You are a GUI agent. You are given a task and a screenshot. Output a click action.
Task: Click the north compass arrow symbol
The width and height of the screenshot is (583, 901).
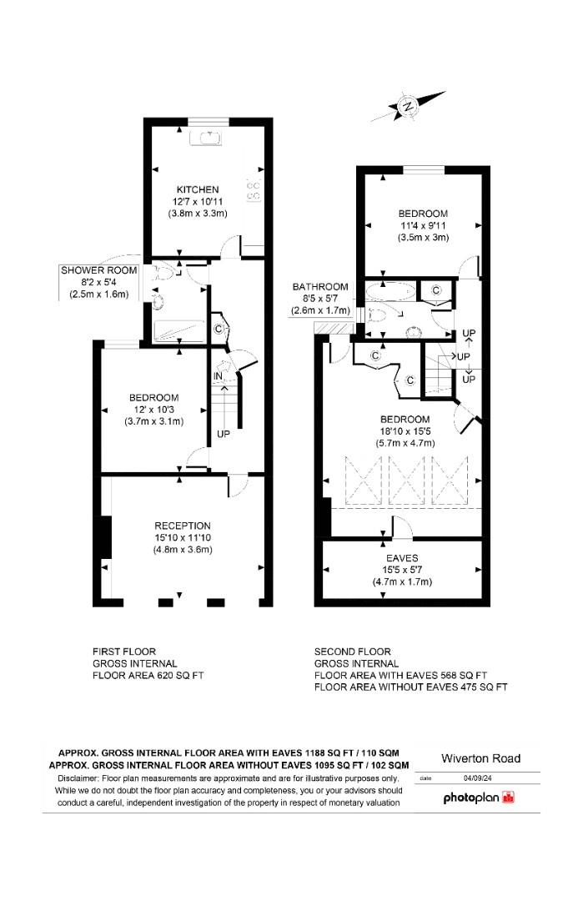pos(409,107)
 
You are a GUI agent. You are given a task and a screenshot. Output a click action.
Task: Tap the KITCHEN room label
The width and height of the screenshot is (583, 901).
pos(198,189)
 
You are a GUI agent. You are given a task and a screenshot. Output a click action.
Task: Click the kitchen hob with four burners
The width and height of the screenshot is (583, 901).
pos(254,190)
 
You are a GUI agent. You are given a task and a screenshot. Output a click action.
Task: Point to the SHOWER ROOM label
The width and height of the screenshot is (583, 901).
pos(98,270)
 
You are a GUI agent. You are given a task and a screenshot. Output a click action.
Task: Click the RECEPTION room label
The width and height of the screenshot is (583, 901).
pos(183,526)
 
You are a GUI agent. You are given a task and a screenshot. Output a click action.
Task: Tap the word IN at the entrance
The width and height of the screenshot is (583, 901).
pos(219,377)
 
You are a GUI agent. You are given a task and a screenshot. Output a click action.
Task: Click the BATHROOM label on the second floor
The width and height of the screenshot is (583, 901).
pos(320,287)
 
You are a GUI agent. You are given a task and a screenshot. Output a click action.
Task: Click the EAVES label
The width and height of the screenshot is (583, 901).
pos(401,557)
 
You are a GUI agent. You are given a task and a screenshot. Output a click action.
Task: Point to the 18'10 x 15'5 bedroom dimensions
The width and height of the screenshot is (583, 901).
pos(405,431)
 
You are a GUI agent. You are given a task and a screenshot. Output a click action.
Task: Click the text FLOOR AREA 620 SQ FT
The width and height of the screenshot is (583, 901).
pos(148,677)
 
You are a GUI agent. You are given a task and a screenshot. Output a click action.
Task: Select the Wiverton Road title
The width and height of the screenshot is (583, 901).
pos(480,758)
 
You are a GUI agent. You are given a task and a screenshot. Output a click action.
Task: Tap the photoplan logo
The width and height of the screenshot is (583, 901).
pos(479,798)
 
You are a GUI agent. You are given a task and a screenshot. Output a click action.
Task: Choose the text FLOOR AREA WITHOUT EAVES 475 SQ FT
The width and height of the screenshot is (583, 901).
pos(410,687)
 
